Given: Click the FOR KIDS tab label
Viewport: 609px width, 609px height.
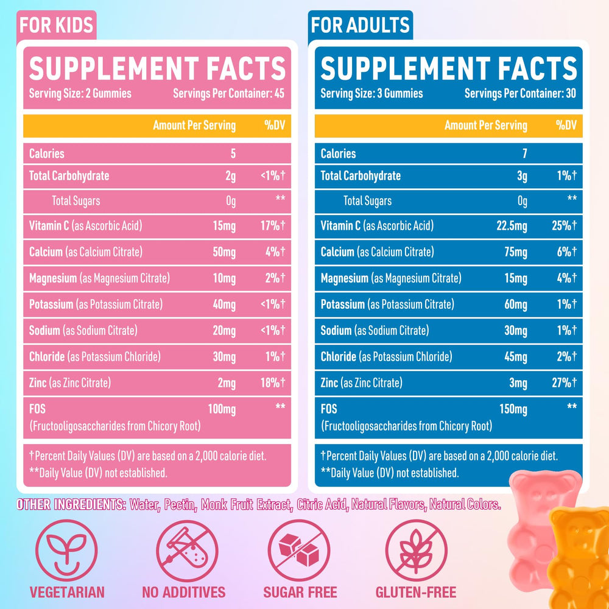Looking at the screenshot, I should [x=56, y=25].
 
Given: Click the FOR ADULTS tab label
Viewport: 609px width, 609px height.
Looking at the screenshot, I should [x=360, y=25].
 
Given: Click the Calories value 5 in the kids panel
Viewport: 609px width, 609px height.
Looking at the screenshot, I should [x=232, y=153].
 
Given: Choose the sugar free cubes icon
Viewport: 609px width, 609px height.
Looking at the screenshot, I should [x=299, y=547].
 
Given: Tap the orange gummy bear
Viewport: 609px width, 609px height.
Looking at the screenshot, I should [x=579, y=554].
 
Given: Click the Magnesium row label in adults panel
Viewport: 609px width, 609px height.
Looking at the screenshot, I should [x=345, y=278].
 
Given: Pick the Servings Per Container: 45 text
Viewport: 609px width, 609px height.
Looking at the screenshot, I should [x=229, y=94].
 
